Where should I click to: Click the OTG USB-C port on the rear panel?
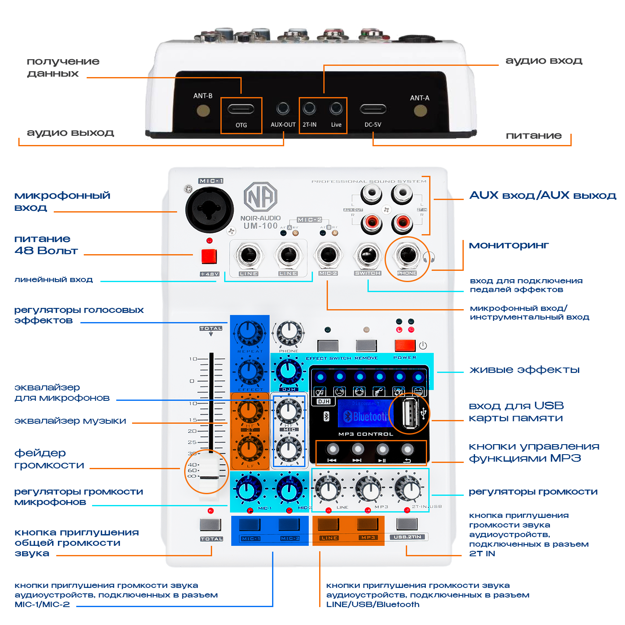[x=241, y=110]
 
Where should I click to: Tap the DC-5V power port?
[x=373, y=110]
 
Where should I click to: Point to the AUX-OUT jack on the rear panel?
[x=283, y=109]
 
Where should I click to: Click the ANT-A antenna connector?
[x=420, y=111]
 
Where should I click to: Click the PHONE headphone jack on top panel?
[x=407, y=255]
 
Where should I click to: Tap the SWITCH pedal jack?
[x=367, y=255]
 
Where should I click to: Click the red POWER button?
[x=405, y=345]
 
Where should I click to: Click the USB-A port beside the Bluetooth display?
[x=410, y=413]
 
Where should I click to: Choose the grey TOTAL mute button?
[x=210, y=524]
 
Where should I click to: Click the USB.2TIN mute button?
[x=407, y=524]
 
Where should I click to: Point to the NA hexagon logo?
[x=260, y=197]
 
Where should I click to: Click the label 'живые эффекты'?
[x=524, y=370]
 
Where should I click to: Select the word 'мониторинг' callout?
[x=509, y=245]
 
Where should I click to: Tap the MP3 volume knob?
[x=368, y=489]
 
